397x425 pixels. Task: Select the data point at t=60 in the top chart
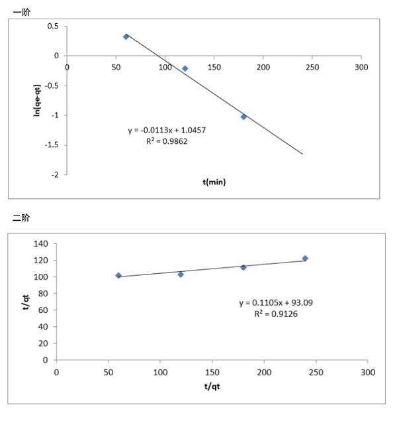click(126, 36)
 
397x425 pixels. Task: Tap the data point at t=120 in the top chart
click(185, 68)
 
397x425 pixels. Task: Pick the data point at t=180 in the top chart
click(243, 117)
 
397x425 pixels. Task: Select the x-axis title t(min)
click(214, 182)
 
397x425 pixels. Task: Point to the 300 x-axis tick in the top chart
click(361, 67)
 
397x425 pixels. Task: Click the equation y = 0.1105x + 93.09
click(276, 303)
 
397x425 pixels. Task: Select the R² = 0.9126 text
click(276, 313)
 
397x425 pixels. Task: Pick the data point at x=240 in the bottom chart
click(305, 259)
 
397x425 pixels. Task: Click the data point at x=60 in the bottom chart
click(118, 275)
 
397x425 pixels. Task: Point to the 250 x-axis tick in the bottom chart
click(316, 372)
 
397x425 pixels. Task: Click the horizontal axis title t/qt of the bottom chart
click(212, 386)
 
